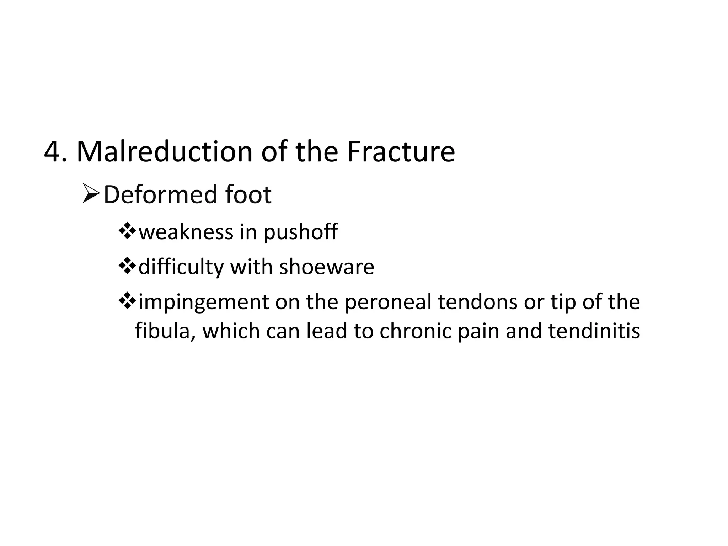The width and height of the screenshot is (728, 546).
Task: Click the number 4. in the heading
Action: pos(55,152)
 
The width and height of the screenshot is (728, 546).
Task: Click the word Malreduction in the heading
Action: pos(164,152)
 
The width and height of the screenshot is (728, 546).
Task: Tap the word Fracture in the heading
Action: pos(401,152)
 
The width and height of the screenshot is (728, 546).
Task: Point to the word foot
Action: pos(248,195)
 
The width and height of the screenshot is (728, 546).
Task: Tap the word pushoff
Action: pos(300,233)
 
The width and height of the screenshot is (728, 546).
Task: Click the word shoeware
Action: pos(327,267)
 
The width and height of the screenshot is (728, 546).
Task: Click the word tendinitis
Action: pos(594,331)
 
